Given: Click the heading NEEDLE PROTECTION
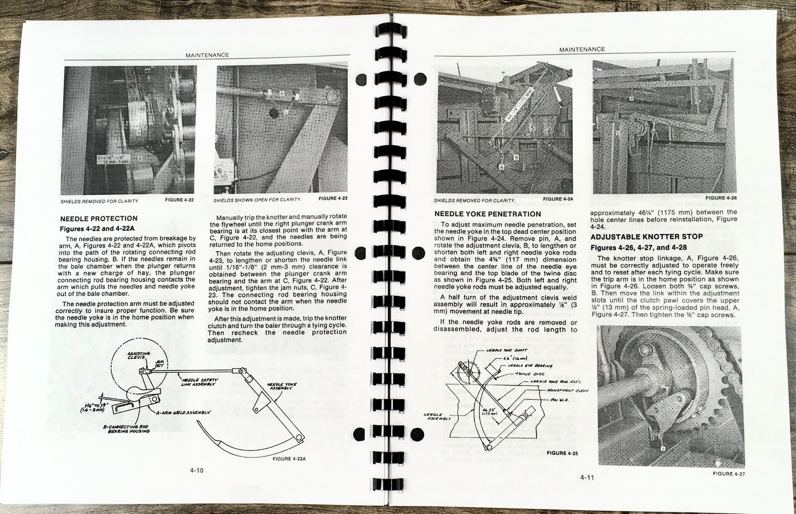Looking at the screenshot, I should [99, 218].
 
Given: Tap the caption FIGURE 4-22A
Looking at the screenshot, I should [289, 459].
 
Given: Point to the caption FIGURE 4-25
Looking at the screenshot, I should [562, 453].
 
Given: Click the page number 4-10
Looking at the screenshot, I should [198, 470].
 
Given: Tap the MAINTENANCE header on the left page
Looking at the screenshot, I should [207, 55].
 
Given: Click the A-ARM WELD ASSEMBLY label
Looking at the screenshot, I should [185, 412].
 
